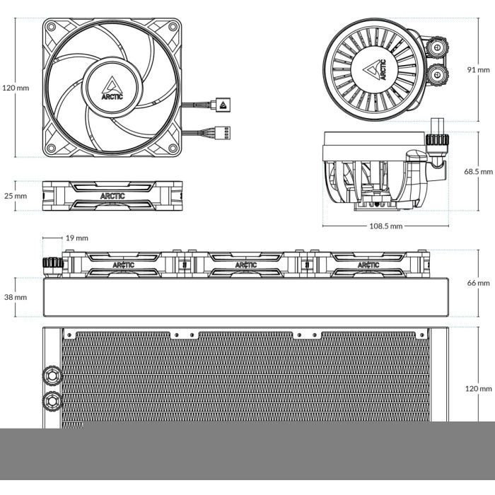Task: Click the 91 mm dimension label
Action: pyautogui.click(x=478, y=70)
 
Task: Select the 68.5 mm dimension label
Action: pyautogui.click(x=478, y=171)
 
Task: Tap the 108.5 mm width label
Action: pyautogui.click(x=386, y=226)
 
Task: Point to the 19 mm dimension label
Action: pyautogui.click(x=76, y=238)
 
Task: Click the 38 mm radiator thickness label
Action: pyautogui.click(x=16, y=297)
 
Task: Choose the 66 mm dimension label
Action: pyautogui.click(x=478, y=283)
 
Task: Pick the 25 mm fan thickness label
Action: pyautogui.click(x=16, y=196)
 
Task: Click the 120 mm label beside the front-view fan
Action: pyautogui.click(x=16, y=88)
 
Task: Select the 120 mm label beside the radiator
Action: pyautogui.click(x=478, y=389)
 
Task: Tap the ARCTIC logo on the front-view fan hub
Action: pyautogui.click(x=112, y=88)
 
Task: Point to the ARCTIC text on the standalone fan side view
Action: pyautogui.click(x=112, y=196)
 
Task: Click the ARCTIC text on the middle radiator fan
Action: pyautogui.click(x=246, y=265)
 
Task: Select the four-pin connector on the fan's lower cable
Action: pyautogui.click(x=223, y=132)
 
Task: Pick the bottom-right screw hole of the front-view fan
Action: pyautogui.click(x=173, y=148)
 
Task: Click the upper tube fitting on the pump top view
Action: pyautogui.click(x=436, y=47)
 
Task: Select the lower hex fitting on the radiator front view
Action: pyautogui.click(x=52, y=400)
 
